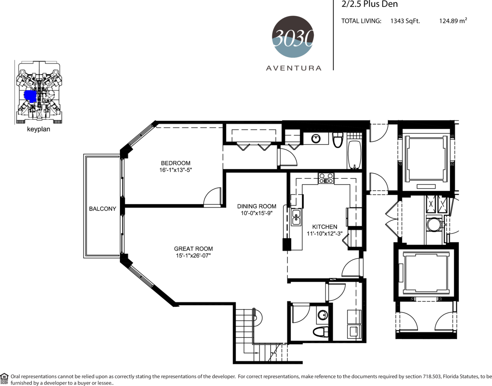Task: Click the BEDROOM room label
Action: pyautogui.click(x=176, y=163)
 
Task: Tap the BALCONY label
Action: pyautogui.click(x=102, y=208)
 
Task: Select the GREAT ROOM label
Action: pyautogui.click(x=194, y=249)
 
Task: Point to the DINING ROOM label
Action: pyautogui.click(x=257, y=206)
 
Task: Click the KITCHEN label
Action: pyautogui.click(x=324, y=227)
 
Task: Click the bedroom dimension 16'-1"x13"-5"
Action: pyautogui.click(x=176, y=170)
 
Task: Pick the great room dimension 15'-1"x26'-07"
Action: pyautogui.click(x=194, y=256)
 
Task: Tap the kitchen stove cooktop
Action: pyautogui.click(x=326, y=178)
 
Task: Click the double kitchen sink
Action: pyautogui.click(x=296, y=217)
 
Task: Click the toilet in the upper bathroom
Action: pyautogui.click(x=338, y=140)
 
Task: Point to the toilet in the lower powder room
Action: pyautogui.click(x=320, y=332)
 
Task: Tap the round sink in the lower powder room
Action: pyautogui.click(x=322, y=315)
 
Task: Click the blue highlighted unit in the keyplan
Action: pyautogui.click(x=30, y=96)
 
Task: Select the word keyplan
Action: pyautogui.click(x=39, y=129)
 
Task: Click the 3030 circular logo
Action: pyautogui.click(x=293, y=37)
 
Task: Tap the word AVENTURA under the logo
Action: pyautogui.click(x=294, y=68)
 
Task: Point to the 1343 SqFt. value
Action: pyautogui.click(x=405, y=21)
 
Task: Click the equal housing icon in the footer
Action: pyautogui.click(x=4, y=377)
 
